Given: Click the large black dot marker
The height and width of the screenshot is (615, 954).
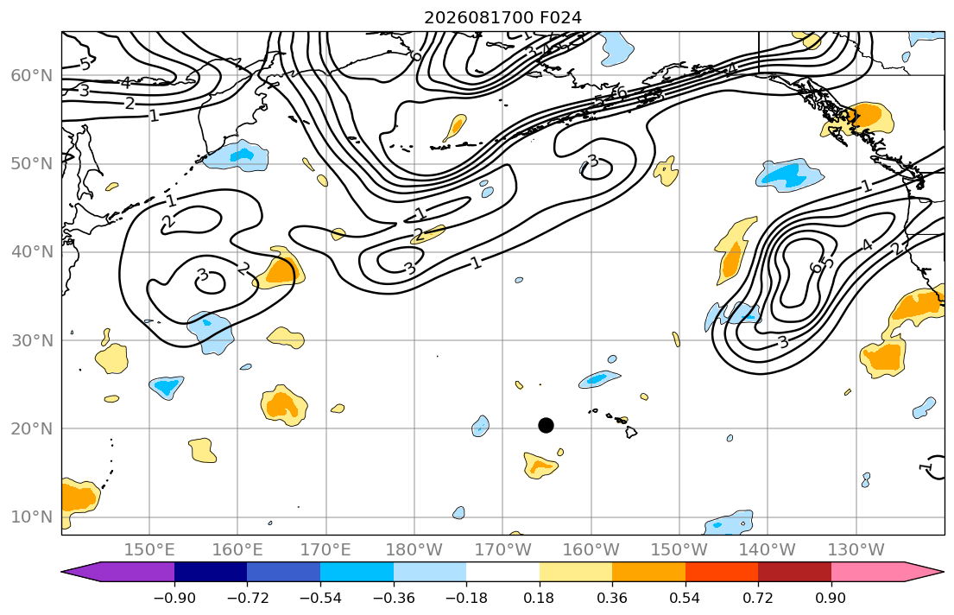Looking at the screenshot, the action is [x=546, y=425].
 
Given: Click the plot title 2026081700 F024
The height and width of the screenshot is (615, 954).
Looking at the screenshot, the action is [x=503, y=17].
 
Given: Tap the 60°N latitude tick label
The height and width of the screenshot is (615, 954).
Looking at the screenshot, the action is [x=32, y=75].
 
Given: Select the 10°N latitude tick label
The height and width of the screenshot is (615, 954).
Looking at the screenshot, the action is [x=32, y=517].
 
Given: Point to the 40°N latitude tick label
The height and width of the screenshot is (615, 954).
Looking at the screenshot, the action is [x=32, y=252].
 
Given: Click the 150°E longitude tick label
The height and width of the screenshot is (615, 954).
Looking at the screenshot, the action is [x=149, y=550].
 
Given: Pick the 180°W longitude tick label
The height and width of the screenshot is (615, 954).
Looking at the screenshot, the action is [x=414, y=550].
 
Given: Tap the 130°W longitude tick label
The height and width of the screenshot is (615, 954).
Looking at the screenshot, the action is [x=856, y=550].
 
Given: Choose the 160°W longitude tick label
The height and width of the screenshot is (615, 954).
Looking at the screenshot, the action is [x=591, y=550].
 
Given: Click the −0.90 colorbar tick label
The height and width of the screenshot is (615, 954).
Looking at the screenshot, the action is [x=174, y=598].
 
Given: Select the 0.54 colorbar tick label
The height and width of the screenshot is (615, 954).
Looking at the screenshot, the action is [x=685, y=598].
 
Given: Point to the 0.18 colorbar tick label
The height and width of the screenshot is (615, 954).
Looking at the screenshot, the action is [x=539, y=598].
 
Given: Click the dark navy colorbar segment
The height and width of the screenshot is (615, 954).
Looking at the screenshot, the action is [x=211, y=572].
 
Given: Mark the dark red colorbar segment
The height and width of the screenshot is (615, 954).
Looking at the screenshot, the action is [x=794, y=572].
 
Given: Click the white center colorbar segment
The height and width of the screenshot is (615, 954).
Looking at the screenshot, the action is [x=502, y=572].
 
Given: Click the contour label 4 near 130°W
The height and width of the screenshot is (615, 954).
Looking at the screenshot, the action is [x=867, y=244].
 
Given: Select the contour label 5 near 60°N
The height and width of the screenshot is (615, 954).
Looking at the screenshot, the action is [x=85, y=63].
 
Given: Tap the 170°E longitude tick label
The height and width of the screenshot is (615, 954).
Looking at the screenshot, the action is [x=326, y=550].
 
